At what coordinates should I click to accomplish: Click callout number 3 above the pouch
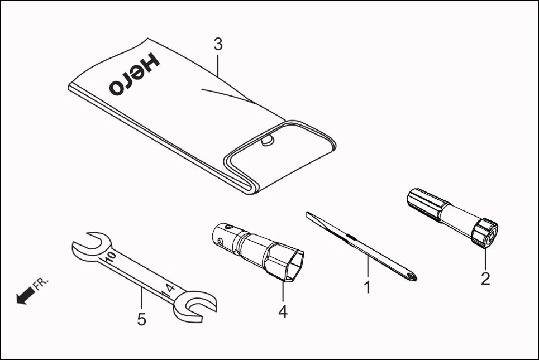[218, 45]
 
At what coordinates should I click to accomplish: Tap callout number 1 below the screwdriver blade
[367, 287]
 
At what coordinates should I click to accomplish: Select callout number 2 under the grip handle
[485, 278]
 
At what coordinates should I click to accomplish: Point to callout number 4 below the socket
[283, 311]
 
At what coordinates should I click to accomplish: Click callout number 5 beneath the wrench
[141, 319]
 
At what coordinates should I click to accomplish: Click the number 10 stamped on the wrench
[110, 258]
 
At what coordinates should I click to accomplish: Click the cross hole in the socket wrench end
[222, 242]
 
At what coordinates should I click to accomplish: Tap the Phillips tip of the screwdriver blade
[413, 275]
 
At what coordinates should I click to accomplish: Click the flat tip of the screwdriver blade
[309, 215]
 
